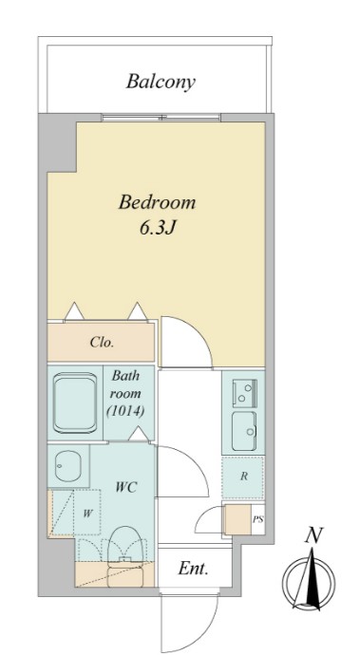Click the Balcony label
pos(161,82)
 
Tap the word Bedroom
pos(157,202)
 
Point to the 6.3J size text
pos(157,229)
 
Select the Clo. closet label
pos(102,343)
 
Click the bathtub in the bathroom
pos(75,403)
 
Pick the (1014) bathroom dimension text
pos(125,411)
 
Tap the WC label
pos(126,487)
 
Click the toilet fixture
pos(125,556)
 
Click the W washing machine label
pos(87,513)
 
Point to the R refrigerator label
pos(244,477)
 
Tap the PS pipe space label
pos(257,520)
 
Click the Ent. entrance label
pos(193,568)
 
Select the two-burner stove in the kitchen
pos(245,393)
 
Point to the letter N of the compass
pos(313,535)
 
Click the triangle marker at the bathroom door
pos(139,434)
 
